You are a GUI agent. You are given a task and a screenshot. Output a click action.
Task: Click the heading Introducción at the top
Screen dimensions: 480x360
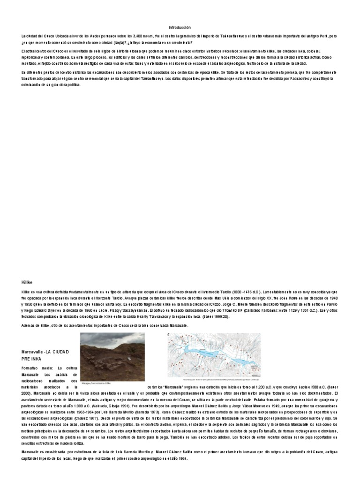[x=180, y=28]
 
